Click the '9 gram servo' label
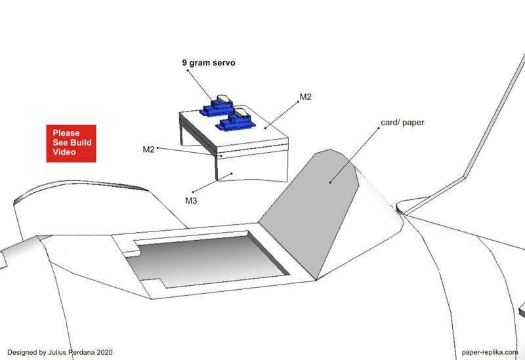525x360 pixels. (x=209, y=63)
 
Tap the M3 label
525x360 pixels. (x=191, y=201)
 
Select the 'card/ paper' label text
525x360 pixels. (x=402, y=123)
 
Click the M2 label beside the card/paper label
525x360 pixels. (x=305, y=96)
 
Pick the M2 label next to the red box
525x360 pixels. (x=149, y=150)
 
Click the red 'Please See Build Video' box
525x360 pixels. (x=71, y=144)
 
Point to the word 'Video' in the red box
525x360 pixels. (x=64, y=152)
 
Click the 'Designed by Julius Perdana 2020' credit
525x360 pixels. (x=60, y=352)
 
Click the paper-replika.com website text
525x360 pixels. (x=490, y=352)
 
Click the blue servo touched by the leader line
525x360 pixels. (x=217, y=107)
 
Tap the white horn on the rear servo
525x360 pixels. (x=224, y=99)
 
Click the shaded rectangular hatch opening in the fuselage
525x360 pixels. (x=207, y=259)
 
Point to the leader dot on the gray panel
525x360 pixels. (x=330, y=182)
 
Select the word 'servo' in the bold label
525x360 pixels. (x=225, y=63)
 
